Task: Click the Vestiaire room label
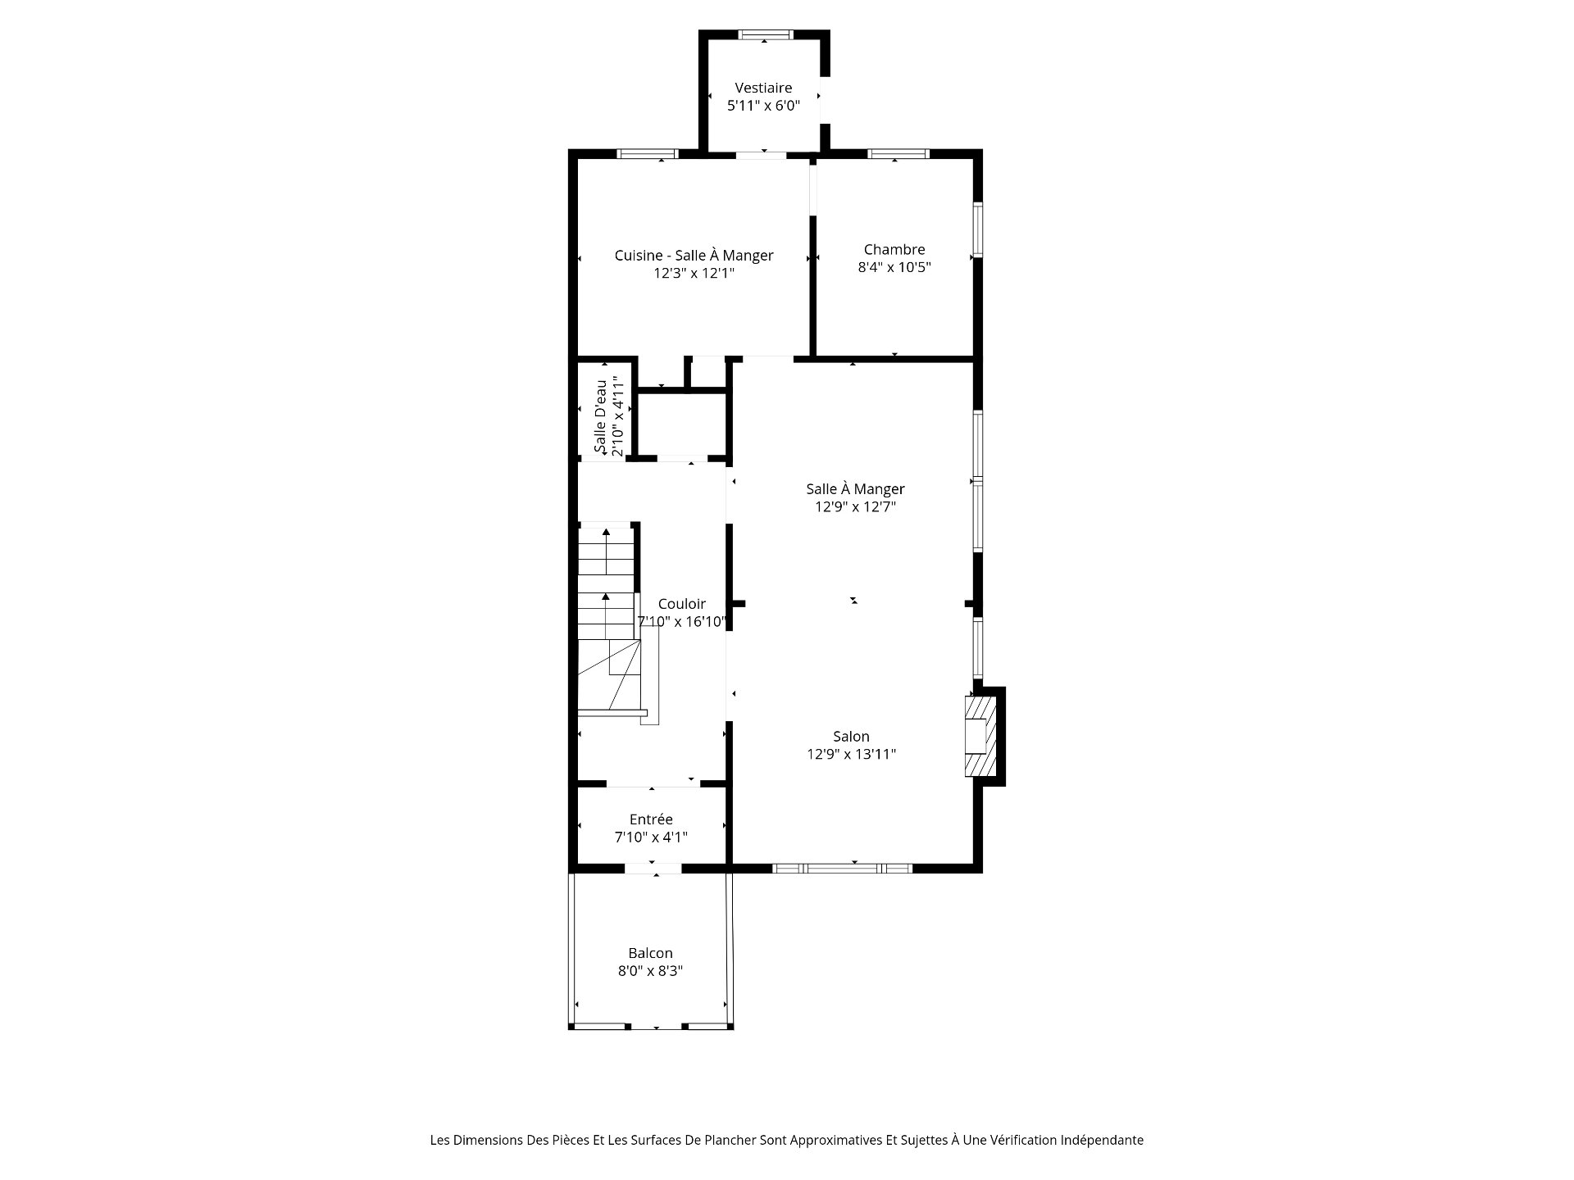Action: pos(763,88)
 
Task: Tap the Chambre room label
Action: pos(894,249)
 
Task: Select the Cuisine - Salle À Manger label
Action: pos(694,256)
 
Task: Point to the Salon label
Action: pos(851,737)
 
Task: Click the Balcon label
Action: pos(650,953)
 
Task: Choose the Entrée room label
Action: pos(651,819)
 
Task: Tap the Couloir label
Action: pos(681,604)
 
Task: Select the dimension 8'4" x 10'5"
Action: pos(894,267)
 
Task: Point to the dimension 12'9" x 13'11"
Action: pos(851,755)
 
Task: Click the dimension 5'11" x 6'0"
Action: pos(763,106)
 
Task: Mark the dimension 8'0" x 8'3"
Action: pos(650,971)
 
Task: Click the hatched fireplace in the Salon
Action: pos(980,736)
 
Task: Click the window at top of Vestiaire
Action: pos(766,34)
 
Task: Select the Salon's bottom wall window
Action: pos(843,868)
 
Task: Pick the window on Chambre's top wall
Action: pos(898,153)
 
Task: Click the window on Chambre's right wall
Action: pos(977,229)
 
